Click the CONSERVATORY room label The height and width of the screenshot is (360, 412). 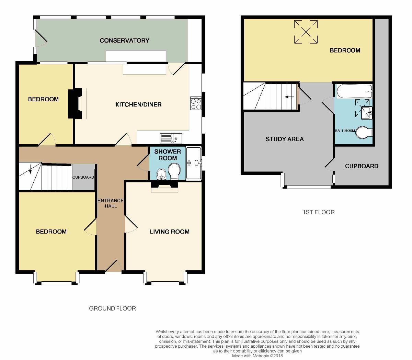click(124, 41)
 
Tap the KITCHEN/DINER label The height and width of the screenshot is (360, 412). click(138, 104)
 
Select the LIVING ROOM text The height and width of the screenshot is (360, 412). click(170, 232)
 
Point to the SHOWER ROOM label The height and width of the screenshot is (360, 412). click(168, 155)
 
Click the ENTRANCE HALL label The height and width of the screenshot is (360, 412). click(111, 203)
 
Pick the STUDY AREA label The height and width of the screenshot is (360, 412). click(285, 139)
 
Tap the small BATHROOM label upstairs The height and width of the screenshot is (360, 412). click(345, 131)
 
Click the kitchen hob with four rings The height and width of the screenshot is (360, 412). click(196, 104)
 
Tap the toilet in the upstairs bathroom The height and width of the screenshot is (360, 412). click(364, 133)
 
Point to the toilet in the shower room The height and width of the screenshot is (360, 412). click(174, 171)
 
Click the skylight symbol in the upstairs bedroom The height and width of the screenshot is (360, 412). click(306, 32)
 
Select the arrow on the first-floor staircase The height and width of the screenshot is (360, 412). click(289, 97)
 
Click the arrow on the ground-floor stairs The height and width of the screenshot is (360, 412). click(31, 169)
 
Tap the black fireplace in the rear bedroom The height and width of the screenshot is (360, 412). click(76, 103)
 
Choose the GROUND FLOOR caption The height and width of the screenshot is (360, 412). click(112, 308)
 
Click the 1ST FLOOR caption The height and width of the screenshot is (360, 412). click(318, 212)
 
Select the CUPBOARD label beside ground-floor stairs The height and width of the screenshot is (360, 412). click(83, 177)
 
